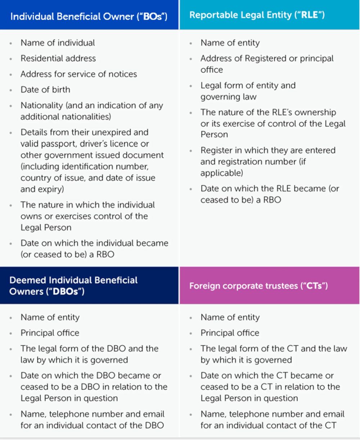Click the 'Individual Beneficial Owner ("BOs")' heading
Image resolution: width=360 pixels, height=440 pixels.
[89, 17]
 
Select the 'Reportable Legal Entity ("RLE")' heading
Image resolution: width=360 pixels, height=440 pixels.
[257, 15]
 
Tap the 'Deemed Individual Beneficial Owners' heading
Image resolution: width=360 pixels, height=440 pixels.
[73, 286]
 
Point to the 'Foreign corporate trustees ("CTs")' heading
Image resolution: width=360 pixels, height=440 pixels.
[258, 286]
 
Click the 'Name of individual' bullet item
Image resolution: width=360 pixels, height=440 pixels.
[58, 43]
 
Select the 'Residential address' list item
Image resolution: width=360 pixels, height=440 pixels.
[58, 58]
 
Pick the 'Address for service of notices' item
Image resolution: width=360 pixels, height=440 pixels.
[78, 74]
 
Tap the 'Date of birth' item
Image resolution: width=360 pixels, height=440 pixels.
[45, 90]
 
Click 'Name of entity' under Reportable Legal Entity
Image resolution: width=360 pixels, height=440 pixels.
[230, 43]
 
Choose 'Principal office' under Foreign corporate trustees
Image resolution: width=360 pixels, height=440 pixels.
[230, 333]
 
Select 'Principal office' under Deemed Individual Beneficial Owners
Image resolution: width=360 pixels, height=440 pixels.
[50, 333]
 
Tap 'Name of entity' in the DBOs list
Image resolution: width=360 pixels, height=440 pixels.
[50, 318]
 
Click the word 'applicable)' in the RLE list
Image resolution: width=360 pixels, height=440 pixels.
[221, 173]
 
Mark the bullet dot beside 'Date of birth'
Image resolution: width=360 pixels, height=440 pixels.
[11, 90]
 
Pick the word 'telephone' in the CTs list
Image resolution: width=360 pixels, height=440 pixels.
[253, 414]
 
